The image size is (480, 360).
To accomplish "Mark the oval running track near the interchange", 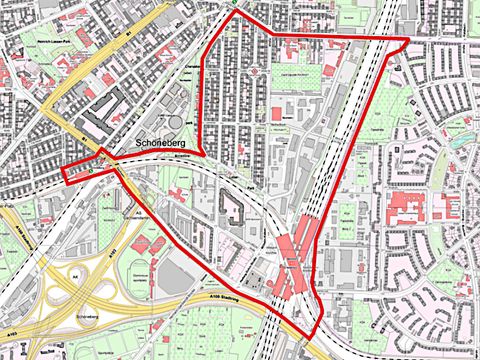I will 138,272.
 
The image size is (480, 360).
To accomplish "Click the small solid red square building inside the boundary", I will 276,114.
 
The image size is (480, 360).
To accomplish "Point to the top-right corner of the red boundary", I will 408,39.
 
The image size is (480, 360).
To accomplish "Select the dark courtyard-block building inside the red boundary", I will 231,208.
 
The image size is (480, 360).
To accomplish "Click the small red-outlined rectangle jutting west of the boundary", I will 80,173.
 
